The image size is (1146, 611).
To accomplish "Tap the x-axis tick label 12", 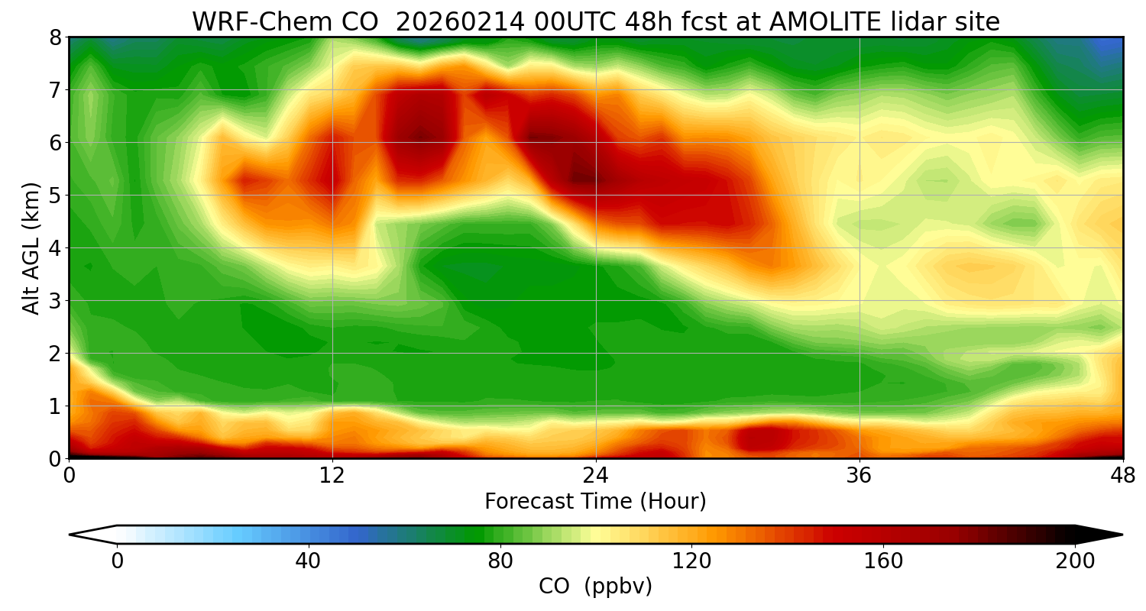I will click(x=332, y=476).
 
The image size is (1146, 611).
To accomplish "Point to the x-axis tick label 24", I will click(x=596, y=476).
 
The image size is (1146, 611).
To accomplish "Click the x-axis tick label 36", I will click(x=859, y=476).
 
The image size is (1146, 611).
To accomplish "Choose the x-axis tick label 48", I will click(x=1122, y=476).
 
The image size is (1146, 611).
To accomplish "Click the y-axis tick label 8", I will click(x=55, y=37).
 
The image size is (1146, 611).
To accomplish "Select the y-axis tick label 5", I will click(x=55, y=196).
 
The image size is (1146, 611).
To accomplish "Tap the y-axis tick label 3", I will click(x=55, y=301).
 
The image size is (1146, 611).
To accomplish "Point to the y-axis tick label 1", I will click(x=55, y=406).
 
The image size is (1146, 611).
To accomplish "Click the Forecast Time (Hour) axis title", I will click(x=595, y=502).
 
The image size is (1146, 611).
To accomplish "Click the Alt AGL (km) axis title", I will click(x=31, y=247).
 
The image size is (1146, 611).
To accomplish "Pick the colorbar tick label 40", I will click(x=309, y=561).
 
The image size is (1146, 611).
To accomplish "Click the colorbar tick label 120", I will click(x=692, y=561).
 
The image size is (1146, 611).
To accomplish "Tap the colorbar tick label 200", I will click(x=1075, y=561).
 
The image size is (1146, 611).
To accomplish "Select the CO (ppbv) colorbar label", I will click(x=595, y=587).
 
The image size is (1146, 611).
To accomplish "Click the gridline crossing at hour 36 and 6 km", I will click(x=859, y=143).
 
